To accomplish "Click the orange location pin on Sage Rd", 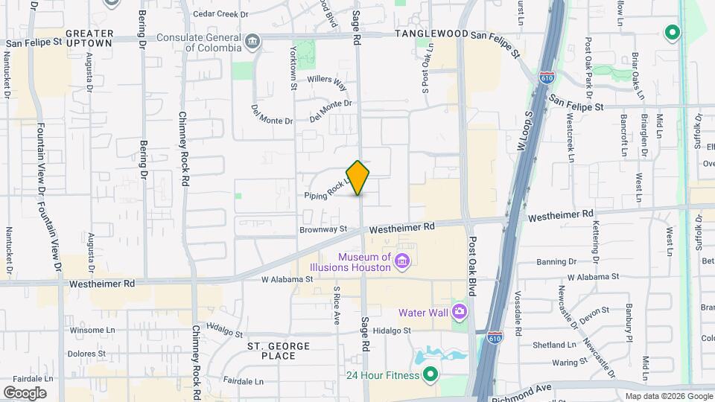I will click(358, 177).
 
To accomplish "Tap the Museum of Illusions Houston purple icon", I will click(402, 261).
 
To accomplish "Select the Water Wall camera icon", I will click(460, 311).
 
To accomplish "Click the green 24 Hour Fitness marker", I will click(430, 374).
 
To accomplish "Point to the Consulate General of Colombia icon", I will click(253, 40).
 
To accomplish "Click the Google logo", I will click(25, 392).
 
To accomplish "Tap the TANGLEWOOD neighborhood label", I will click(431, 34).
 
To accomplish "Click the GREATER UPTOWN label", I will click(89, 38).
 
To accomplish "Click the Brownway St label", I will click(323, 230).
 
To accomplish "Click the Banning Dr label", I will click(557, 261).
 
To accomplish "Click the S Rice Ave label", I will click(337, 305).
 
